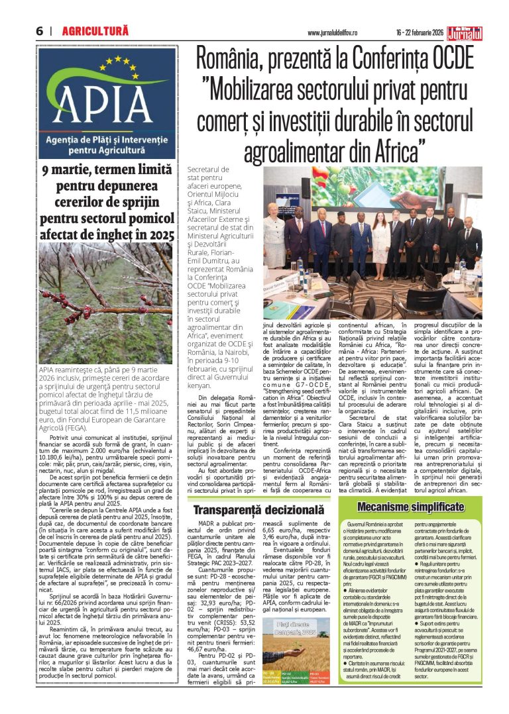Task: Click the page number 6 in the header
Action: coord(40,30)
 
